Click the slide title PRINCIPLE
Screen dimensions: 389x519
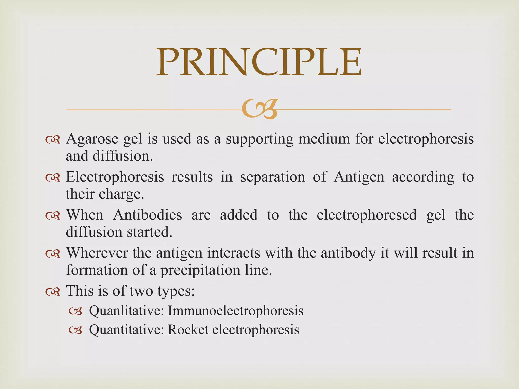point(259,62)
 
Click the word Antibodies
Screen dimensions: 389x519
point(147,215)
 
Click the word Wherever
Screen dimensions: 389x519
point(97,253)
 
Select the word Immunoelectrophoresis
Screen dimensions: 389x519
point(235,311)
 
